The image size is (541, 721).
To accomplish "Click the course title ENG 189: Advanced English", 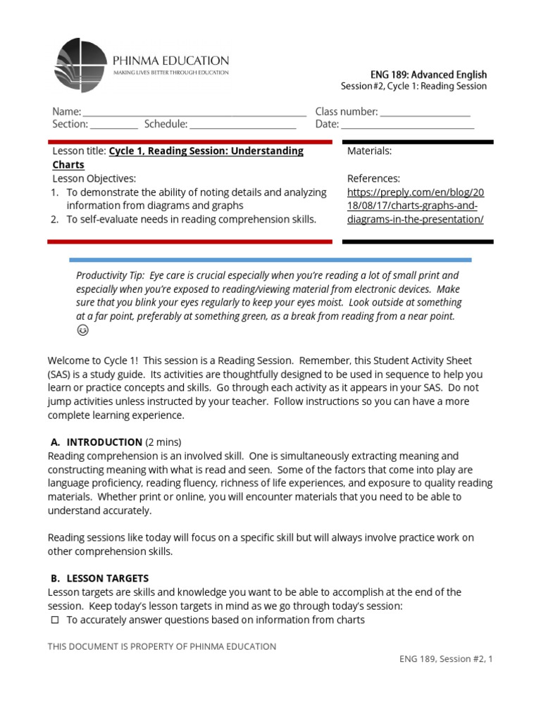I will pos(428,74).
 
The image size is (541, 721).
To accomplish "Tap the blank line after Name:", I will pos(194,113).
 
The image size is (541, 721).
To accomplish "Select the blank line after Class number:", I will pos(425,113).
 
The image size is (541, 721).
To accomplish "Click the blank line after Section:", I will pos(114,125).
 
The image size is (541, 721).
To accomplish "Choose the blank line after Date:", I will pos(408,125).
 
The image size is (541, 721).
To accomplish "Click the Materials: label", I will pos(370,151).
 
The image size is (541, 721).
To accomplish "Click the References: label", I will pos(373,179).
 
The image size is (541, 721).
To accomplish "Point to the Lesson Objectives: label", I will pos(94,179).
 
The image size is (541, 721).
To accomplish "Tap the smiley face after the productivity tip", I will pos(82,330).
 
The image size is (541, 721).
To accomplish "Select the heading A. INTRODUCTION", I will pos(97,442).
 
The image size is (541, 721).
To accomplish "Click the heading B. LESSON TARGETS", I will pos(99,578).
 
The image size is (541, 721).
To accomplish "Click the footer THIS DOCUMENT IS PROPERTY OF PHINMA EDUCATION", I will pos(161,646).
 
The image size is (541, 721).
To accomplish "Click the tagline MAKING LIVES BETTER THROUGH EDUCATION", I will pos(171,72).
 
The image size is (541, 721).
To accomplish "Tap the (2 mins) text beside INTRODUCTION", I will pos(163,442).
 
